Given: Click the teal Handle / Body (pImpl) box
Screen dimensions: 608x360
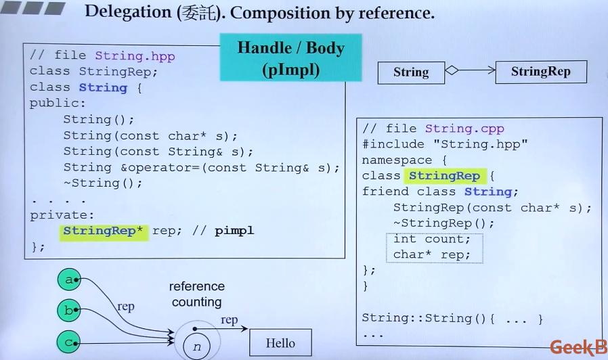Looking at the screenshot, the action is (x=290, y=58).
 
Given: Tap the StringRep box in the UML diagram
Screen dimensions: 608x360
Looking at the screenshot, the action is (x=540, y=72).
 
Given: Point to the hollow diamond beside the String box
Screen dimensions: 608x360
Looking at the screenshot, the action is (x=452, y=70).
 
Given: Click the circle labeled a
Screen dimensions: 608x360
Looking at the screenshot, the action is (x=68, y=279).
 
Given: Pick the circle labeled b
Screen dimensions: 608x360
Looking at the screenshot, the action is (x=68, y=311).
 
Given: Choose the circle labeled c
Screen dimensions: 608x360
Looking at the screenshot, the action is (x=68, y=342).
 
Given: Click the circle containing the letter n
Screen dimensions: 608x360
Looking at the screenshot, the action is (x=197, y=346).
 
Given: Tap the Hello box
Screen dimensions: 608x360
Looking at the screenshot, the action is (x=280, y=343).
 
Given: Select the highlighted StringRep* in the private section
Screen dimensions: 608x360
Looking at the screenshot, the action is (x=104, y=231).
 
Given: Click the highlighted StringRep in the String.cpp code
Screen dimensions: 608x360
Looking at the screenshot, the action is (x=444, y=176).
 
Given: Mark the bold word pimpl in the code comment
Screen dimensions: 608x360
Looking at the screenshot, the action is (x=234, y=231).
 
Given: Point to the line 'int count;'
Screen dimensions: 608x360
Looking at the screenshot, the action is (x=431, y=239).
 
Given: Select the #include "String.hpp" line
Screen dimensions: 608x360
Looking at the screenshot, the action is (x=444, y=144).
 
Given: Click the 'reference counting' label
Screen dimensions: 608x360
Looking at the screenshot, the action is (x=197, y=294).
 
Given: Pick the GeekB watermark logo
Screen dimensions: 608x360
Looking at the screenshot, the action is (x=578, y=348).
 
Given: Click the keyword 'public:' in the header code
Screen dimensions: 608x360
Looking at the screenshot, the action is (x=58, y=104).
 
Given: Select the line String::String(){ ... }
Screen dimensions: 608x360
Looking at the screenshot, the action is (x=452, y=317).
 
